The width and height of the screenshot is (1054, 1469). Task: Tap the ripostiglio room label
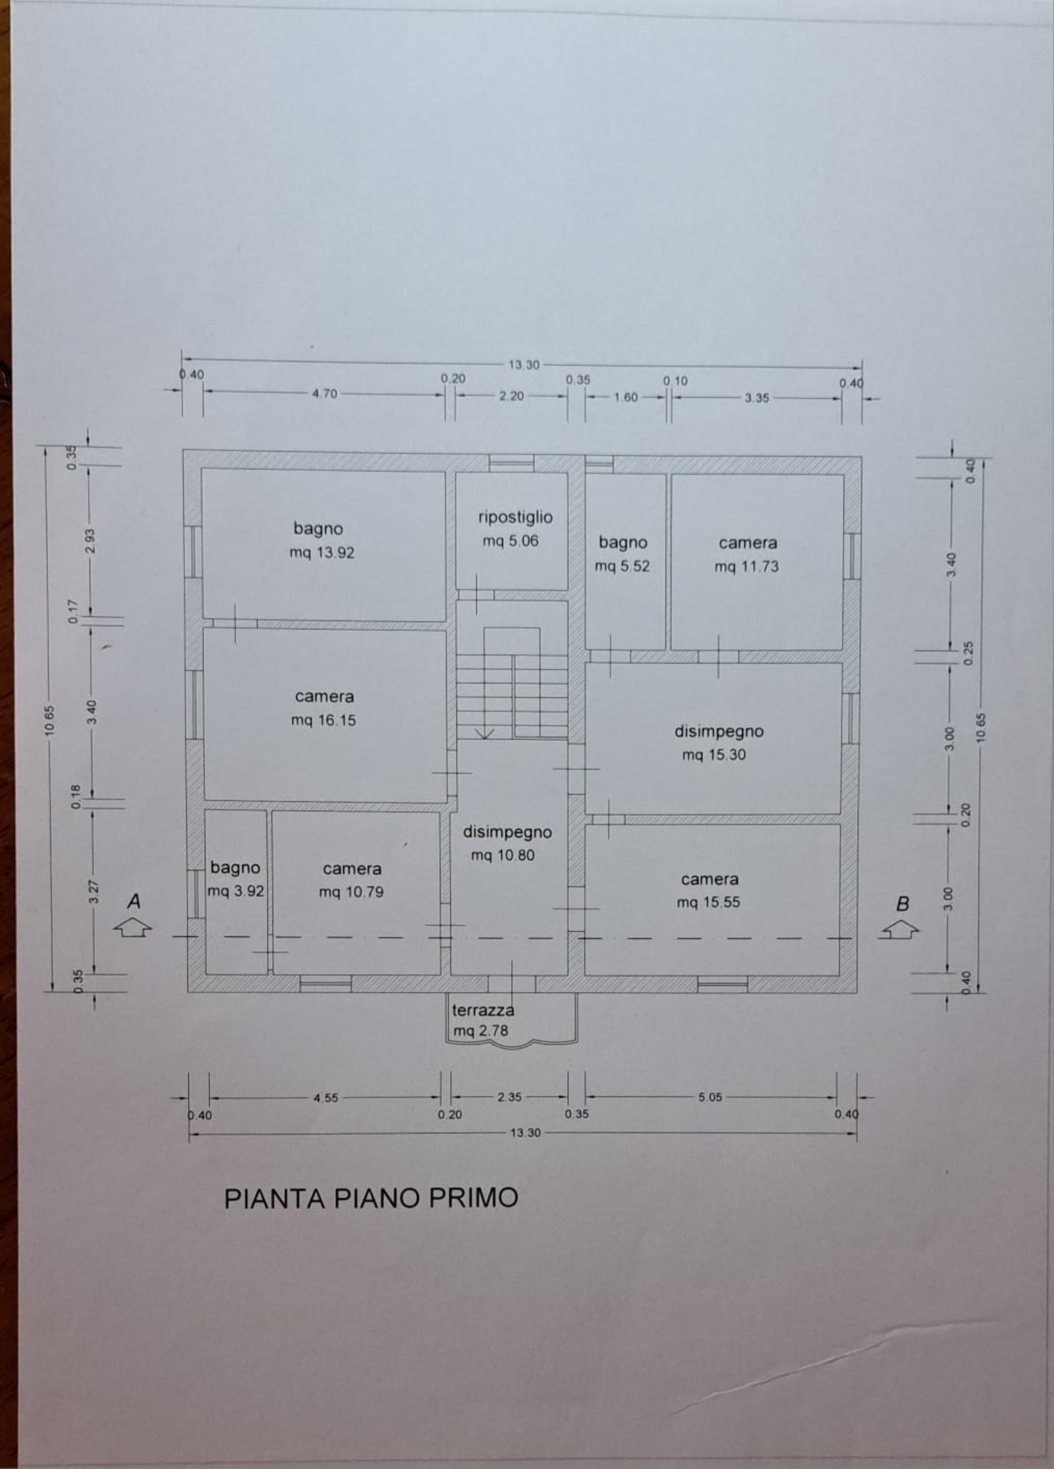point(515,518)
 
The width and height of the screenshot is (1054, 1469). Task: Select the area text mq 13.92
point(321,553)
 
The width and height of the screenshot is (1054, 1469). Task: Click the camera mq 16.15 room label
point(324,708)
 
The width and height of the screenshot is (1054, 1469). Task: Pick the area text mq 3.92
point(236,892)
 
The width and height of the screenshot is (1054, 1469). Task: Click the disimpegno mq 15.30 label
point(718,743)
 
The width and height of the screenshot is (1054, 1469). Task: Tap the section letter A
point(134,901)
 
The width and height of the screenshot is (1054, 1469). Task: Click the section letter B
point(902,904)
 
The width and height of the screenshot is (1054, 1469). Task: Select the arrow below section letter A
point(133,928)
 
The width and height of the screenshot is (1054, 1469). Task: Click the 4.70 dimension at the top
point(324,394)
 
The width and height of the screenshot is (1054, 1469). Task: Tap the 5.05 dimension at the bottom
point(710,1097)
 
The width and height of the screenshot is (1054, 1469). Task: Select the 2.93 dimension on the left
point(92,541)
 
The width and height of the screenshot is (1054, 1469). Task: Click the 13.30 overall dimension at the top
point(524,365)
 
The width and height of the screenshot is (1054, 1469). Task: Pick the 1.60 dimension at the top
point(626,397)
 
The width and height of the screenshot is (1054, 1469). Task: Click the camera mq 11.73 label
point(748,554)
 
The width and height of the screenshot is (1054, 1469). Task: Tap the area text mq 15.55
point(709,902)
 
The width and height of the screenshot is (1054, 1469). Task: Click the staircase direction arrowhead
point(485,734)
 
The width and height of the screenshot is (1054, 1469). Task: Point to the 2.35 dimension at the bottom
point(510,1097)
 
